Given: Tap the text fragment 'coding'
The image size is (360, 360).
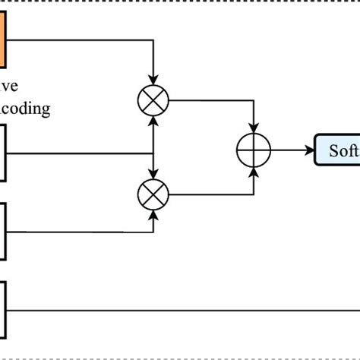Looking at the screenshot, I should tap(26, 109).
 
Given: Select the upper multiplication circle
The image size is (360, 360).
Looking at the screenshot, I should tap(154, 99).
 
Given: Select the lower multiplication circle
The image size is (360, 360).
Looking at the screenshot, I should tap(154, 194).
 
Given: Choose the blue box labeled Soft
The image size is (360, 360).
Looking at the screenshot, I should tap(336, 150).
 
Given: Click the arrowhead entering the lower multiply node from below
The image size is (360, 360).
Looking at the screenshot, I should tap(154, 214).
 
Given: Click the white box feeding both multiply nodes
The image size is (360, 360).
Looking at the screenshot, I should tap(2, 153).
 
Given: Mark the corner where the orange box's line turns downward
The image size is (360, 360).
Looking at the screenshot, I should tap(154, 40).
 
